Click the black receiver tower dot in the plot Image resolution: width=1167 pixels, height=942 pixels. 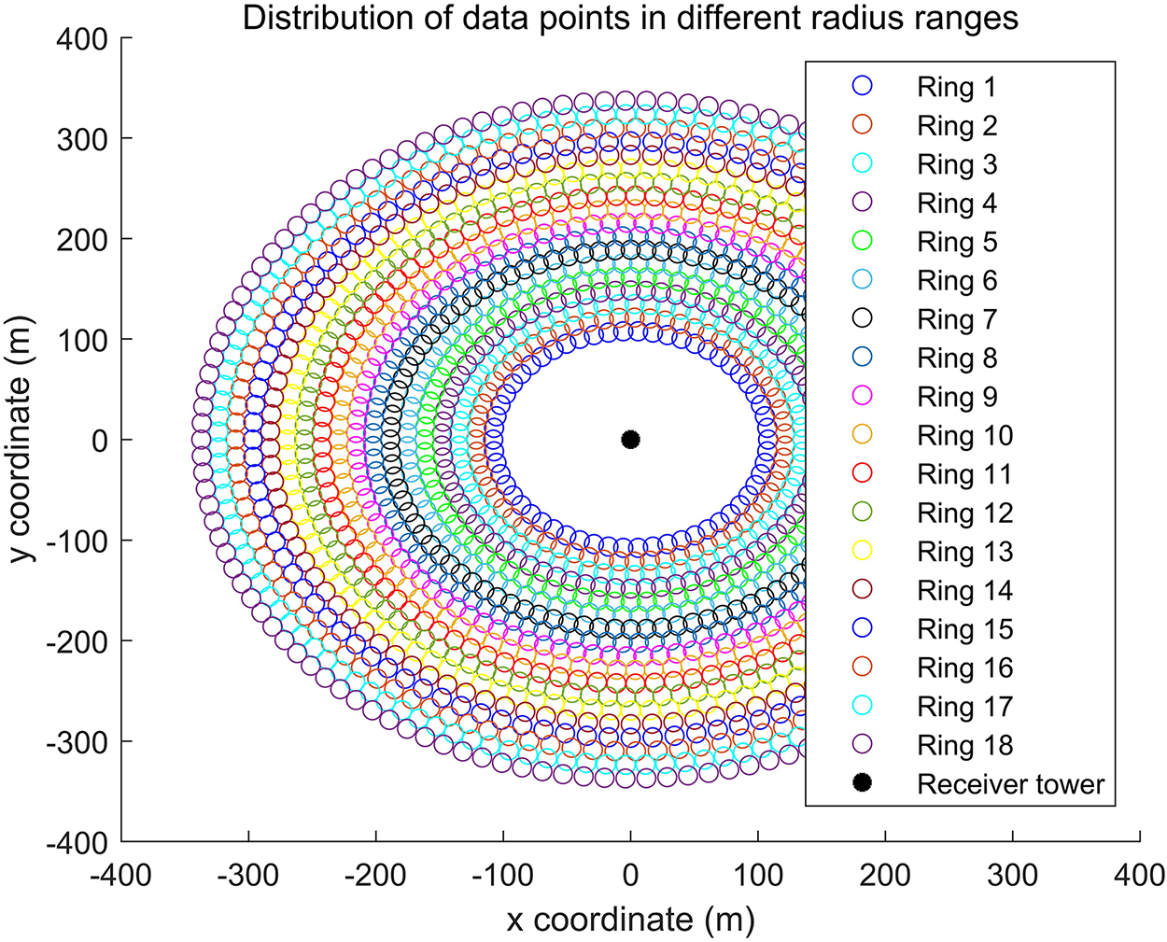click(630, 440)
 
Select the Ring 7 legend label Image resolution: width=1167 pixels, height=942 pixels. click(957, 319)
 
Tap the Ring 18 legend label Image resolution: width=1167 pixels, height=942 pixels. click(964, 745)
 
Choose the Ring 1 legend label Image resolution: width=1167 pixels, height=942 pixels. click(957, 88)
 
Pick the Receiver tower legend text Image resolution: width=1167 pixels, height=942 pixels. click(1010, 784)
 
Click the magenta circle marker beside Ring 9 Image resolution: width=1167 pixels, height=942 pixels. click(863, 397)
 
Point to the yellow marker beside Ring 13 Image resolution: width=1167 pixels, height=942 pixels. click(863, 552)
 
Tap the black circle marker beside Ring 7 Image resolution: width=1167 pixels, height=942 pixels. click(863, 319)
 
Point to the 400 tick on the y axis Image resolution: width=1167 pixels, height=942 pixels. click(86, 39)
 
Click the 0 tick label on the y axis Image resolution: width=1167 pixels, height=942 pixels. click(99, 441)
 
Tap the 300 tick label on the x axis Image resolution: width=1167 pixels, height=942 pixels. click(1012, 876)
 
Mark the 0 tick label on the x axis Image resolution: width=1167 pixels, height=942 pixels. click(630, 876)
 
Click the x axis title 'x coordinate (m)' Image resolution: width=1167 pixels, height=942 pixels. click(630, 920)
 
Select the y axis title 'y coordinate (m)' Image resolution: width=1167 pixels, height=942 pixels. click(22, 441)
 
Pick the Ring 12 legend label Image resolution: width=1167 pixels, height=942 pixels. click(964, 513)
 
